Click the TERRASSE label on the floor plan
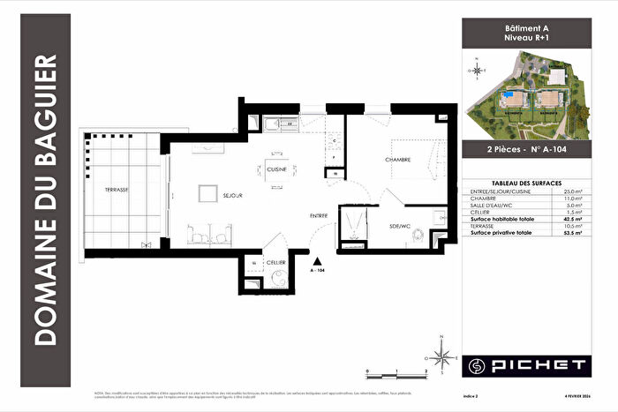[116, 190]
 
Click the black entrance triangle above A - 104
[317, 260]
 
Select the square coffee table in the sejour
[207, 195]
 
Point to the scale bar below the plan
[396, 368]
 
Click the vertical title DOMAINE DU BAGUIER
[46, 201]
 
